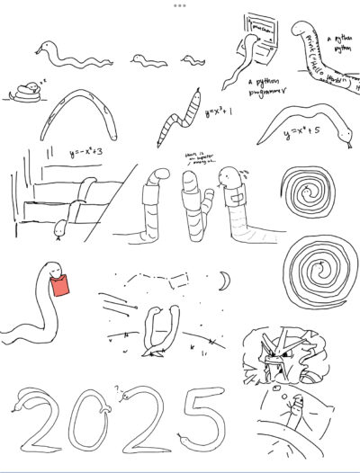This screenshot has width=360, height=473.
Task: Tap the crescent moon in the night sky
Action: (x=223, y=283)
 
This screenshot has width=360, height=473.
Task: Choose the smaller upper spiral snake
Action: (x=308, y=191)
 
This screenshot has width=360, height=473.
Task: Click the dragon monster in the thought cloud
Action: (x=275, y=359)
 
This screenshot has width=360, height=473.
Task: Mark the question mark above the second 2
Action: (x=114, y=389)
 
